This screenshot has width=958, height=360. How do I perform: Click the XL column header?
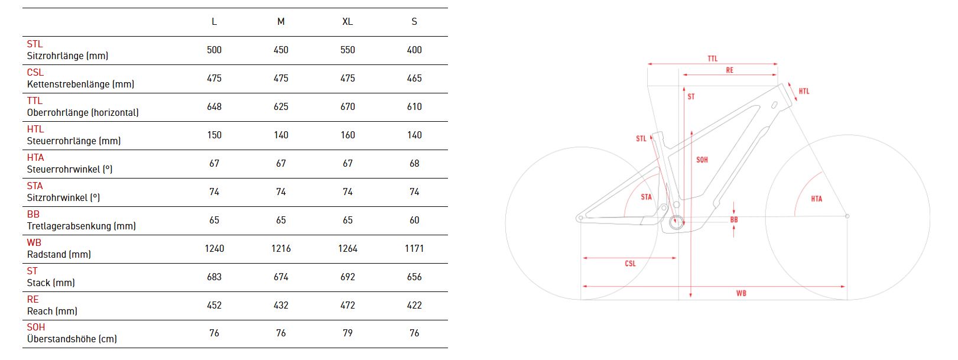(x=348, y=21)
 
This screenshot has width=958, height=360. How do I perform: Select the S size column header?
(x=414, y=21)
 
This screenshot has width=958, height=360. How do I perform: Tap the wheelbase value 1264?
(x=348, y=248)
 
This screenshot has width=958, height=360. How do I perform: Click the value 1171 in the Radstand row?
(x=414, y=248)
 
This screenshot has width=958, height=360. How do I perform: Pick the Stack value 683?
(x=215, y=277)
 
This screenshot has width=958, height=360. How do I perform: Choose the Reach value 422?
(x=414, y=305)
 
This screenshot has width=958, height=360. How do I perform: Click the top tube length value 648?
(x=215, y=106)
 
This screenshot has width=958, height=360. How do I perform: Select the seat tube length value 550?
(x=348, y=50)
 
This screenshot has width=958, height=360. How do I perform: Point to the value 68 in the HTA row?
(x=414, y=163)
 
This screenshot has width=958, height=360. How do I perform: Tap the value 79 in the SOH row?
(x=348, y=333)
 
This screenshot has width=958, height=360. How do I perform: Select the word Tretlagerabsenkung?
(x=69, y=226)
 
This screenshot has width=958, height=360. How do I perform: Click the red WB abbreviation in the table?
(x=34, y=242)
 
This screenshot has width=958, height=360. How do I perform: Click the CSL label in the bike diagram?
(x=630, y=264)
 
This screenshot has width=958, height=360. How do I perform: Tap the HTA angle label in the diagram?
(x=816, y=199)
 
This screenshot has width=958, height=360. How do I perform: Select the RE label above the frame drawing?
(x=729, y=70)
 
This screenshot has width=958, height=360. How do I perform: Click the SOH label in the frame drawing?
(x=702, y=160)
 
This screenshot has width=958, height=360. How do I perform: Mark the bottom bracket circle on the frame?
(x=676, y=222)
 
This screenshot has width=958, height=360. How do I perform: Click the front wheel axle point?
(x=847, y=216)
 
